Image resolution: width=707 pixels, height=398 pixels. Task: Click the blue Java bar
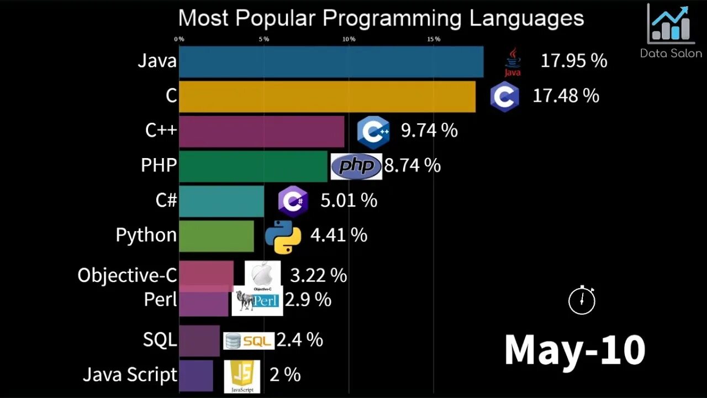(x=331, y=61)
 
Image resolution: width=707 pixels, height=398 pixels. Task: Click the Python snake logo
(x=283, y=236)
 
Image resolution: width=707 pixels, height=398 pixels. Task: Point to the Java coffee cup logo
(x=513, y=61)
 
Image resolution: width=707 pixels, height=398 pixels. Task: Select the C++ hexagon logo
(x=373, y=132)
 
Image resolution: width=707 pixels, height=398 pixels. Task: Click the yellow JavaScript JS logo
(x=241, y=376)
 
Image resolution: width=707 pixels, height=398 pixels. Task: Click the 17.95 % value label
(x=573, y=61)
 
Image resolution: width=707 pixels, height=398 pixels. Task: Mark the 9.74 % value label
(x=429, y=130)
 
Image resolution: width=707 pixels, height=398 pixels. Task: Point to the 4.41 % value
(x=339, y=235)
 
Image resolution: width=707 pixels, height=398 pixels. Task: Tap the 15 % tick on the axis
(x=434, y=39)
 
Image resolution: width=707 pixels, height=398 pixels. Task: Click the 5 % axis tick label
(x=264, y=39)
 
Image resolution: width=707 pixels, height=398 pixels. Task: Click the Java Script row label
(x=130, y=374)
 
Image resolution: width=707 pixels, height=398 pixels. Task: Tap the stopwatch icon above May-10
(x=582, y=301)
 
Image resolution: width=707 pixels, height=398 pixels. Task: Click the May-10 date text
(x=574, y=350)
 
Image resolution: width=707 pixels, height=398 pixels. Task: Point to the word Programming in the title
(x=392, y=18)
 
